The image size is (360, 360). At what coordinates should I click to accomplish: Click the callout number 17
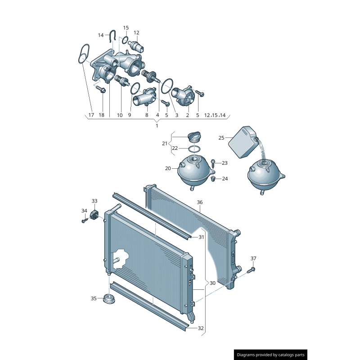(x=91, y=115)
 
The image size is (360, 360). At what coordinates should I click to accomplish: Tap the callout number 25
(x=221, y=137)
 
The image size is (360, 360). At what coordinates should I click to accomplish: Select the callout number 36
(x=200, y=202)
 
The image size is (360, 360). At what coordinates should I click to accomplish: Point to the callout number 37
(x=253, y=258)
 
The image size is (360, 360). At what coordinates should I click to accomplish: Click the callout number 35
(x=94, y=298)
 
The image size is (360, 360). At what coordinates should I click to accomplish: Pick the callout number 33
(x=94, y=201)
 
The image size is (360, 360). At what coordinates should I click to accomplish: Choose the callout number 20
(x=168, y=168)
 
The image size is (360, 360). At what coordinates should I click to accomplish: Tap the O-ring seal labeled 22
(x=193, y=148)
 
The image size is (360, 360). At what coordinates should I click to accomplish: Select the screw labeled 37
(x=250, y=270)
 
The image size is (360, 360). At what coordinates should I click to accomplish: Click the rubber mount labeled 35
(x=108, y=299)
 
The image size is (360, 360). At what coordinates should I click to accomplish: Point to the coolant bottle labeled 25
(x=243, y=140)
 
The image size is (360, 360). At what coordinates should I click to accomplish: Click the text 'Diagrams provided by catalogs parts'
(x=271, y=355)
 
